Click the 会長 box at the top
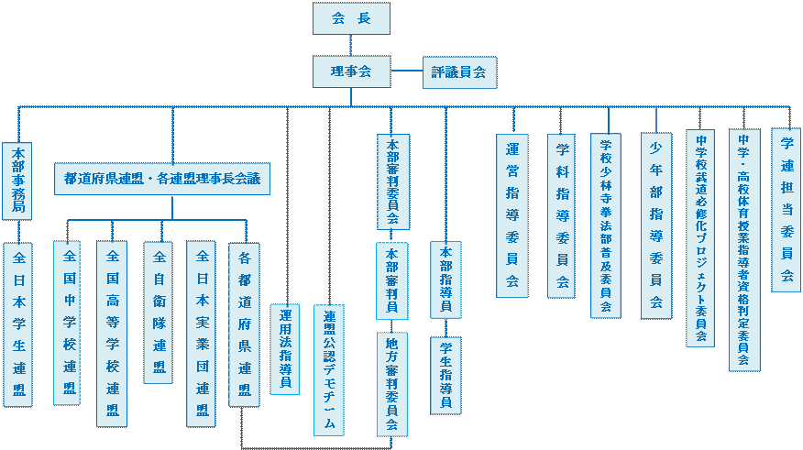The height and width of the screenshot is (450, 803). coord(351,18)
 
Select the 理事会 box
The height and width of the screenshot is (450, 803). coord(351,71)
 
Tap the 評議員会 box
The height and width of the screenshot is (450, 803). coord(458,71)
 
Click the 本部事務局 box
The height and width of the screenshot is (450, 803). coord(18,181)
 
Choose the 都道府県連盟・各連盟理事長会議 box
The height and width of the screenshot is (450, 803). coord(162,179)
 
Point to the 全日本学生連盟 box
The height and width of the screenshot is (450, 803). coord(18,324)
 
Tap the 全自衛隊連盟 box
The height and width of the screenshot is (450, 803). coord(158,313)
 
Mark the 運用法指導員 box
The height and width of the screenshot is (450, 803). coord(285,349)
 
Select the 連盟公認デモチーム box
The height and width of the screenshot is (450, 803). coord(329,369)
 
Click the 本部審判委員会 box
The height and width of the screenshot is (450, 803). coord(392,181)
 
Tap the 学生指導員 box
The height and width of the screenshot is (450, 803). coord(445,375)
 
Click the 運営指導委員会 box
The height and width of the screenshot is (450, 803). coord(512,215)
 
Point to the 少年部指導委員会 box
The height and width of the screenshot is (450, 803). coord(655,225)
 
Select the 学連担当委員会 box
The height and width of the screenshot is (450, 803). coord(786,210)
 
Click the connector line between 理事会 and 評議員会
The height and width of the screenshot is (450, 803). coord(406,71)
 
